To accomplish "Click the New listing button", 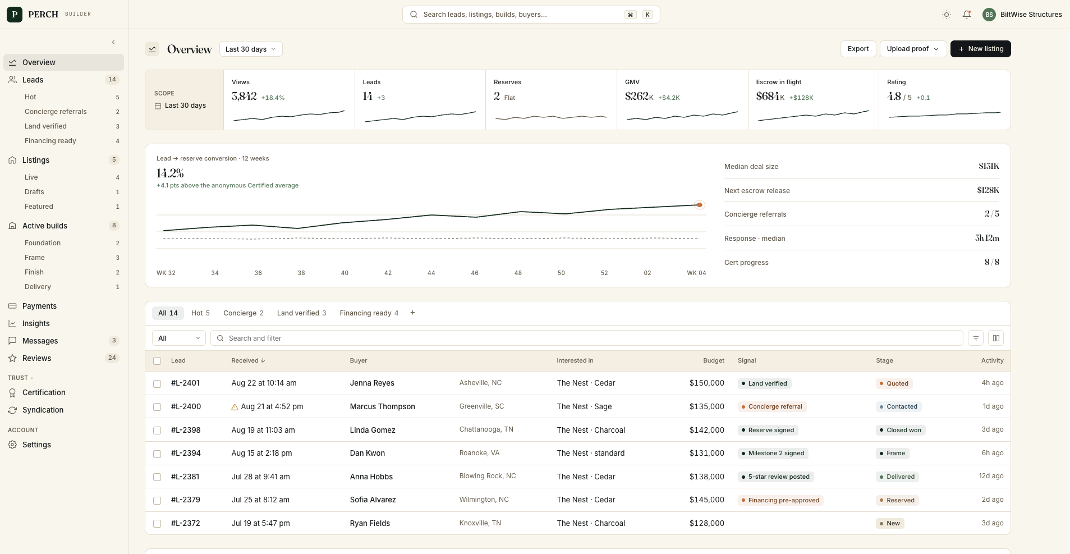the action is point(980,49).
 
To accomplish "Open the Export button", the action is point(858,49).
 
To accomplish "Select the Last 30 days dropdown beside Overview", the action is point(251,49).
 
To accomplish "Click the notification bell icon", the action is point(967,15).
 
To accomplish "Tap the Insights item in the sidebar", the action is point(36,323).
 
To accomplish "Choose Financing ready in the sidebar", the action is point(50,141).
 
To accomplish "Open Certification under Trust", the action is point(44,392).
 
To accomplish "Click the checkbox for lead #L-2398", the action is point(157,431).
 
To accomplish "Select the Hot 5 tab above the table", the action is point(200,313).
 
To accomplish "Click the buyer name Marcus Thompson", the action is point(383,406).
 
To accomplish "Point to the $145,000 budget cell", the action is point(707,500).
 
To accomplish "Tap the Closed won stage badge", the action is point(901,430).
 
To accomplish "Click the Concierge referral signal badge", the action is point(772,406).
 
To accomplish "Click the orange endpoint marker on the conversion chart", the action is point(699,205).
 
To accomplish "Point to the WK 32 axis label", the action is point(166,273).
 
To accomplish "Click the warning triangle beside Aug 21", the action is point(235,407).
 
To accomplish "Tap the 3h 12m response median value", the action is point(987,238).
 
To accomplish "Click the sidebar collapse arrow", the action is point(113,42).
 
